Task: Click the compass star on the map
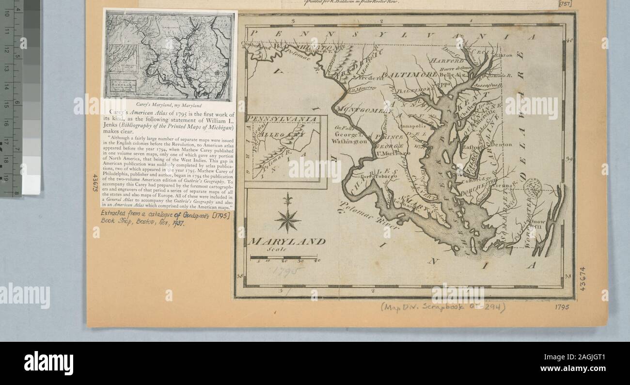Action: pyautogui.click(x=287, y=218)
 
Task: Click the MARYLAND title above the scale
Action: pyautogui.click(x=286, y=241)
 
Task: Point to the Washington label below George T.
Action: pyautogui.click(x=348, y=141)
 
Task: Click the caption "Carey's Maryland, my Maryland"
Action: pyautogui.click(x=169, y=105)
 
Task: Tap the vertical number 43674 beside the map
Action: pyautogui.click(x=583, y=278)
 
